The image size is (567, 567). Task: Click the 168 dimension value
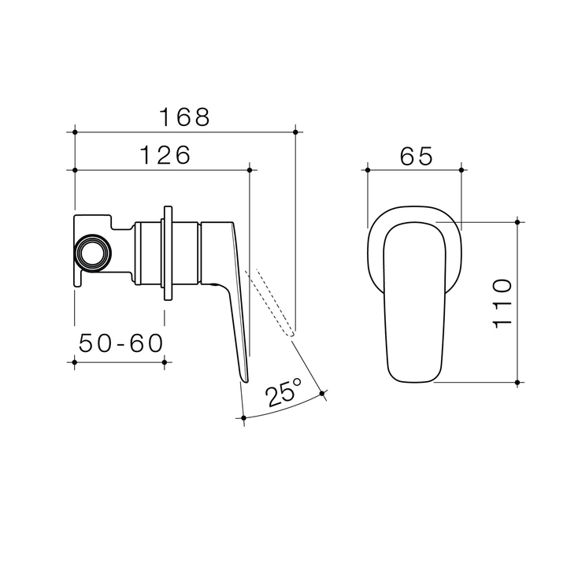point(185,117)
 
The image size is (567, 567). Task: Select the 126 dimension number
point(165,155)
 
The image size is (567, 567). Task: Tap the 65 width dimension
point(416,157)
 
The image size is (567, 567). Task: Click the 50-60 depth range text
point(120,343)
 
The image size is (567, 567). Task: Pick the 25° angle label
point(285,391)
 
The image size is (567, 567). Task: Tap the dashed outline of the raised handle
point(272,303)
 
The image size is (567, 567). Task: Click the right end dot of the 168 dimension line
point(294,132)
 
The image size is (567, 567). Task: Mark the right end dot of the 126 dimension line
point(250,169)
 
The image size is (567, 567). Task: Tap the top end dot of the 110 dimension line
point(517,222)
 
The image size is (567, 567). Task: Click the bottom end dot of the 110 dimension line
point(517,383)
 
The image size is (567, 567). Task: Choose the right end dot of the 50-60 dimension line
point(164,362)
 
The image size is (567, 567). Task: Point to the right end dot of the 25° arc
point(323,393)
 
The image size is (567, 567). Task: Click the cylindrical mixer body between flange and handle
point(186,254)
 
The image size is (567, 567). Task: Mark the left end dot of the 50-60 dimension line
point(74,362)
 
